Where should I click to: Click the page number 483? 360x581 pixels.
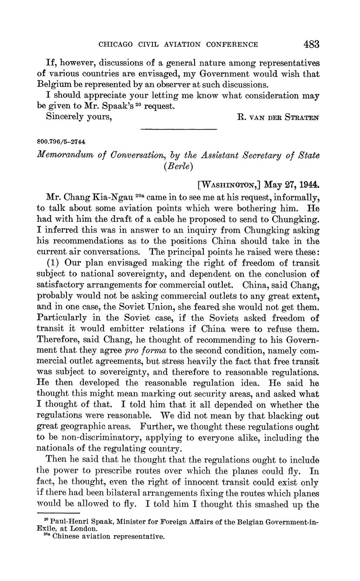click(311, 44)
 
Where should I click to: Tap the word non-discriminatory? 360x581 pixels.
click(99, 427)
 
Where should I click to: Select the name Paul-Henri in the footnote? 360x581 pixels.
click(70, 522)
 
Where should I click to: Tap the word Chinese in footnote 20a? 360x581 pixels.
click(66, 536)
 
